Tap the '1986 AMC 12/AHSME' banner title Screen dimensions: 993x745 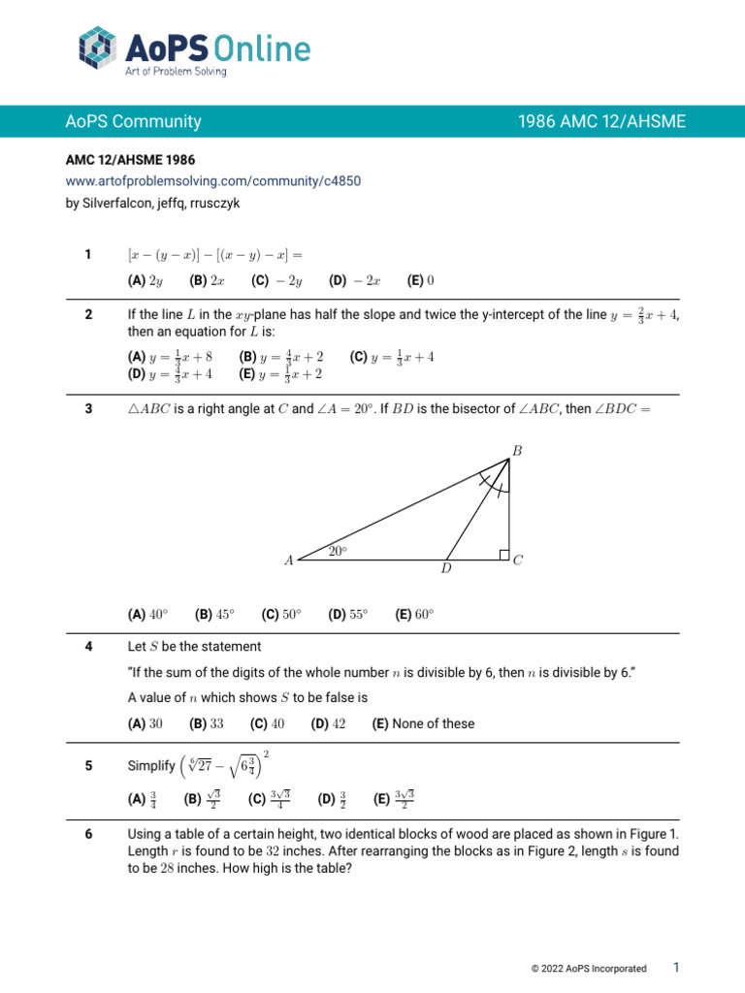[x=601, y=121]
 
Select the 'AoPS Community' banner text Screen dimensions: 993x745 [x=134, y=121]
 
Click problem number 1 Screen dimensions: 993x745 [x=87, y=254]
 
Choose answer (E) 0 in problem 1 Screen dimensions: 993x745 [x=421, y=281]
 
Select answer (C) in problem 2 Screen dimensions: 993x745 [x=392, y=357]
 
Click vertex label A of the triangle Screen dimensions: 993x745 [x=288, y=561]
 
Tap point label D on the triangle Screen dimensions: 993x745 [x=446, y=569]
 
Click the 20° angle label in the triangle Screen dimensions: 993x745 [x=338, y=551]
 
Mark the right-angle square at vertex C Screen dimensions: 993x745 [x=504, y=554]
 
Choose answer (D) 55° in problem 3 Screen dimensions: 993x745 [x=348, y=614]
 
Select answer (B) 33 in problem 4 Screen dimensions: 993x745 [x=207, y=723]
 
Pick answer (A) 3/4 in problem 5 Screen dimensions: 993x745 [x=143, y=799]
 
